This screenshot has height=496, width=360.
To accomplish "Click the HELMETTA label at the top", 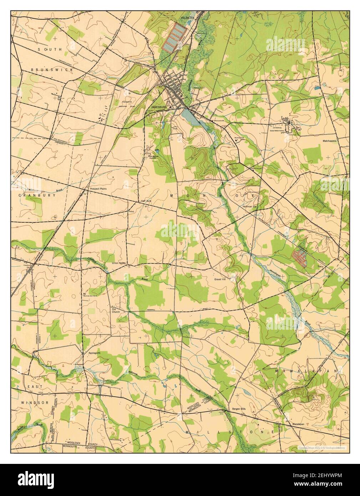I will pyautogui.click(x=189, y=16).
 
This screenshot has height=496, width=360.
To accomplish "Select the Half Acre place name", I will pyautogui.click(x=146, y=201).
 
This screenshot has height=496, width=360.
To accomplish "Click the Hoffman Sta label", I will pyautogui.click(x=249, y=206).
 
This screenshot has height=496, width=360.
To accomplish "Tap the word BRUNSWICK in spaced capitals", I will pyautogui.click(x=52, y=70).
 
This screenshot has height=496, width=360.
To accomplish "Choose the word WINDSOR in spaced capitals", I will pyautogui.click(x=35, y=403).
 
